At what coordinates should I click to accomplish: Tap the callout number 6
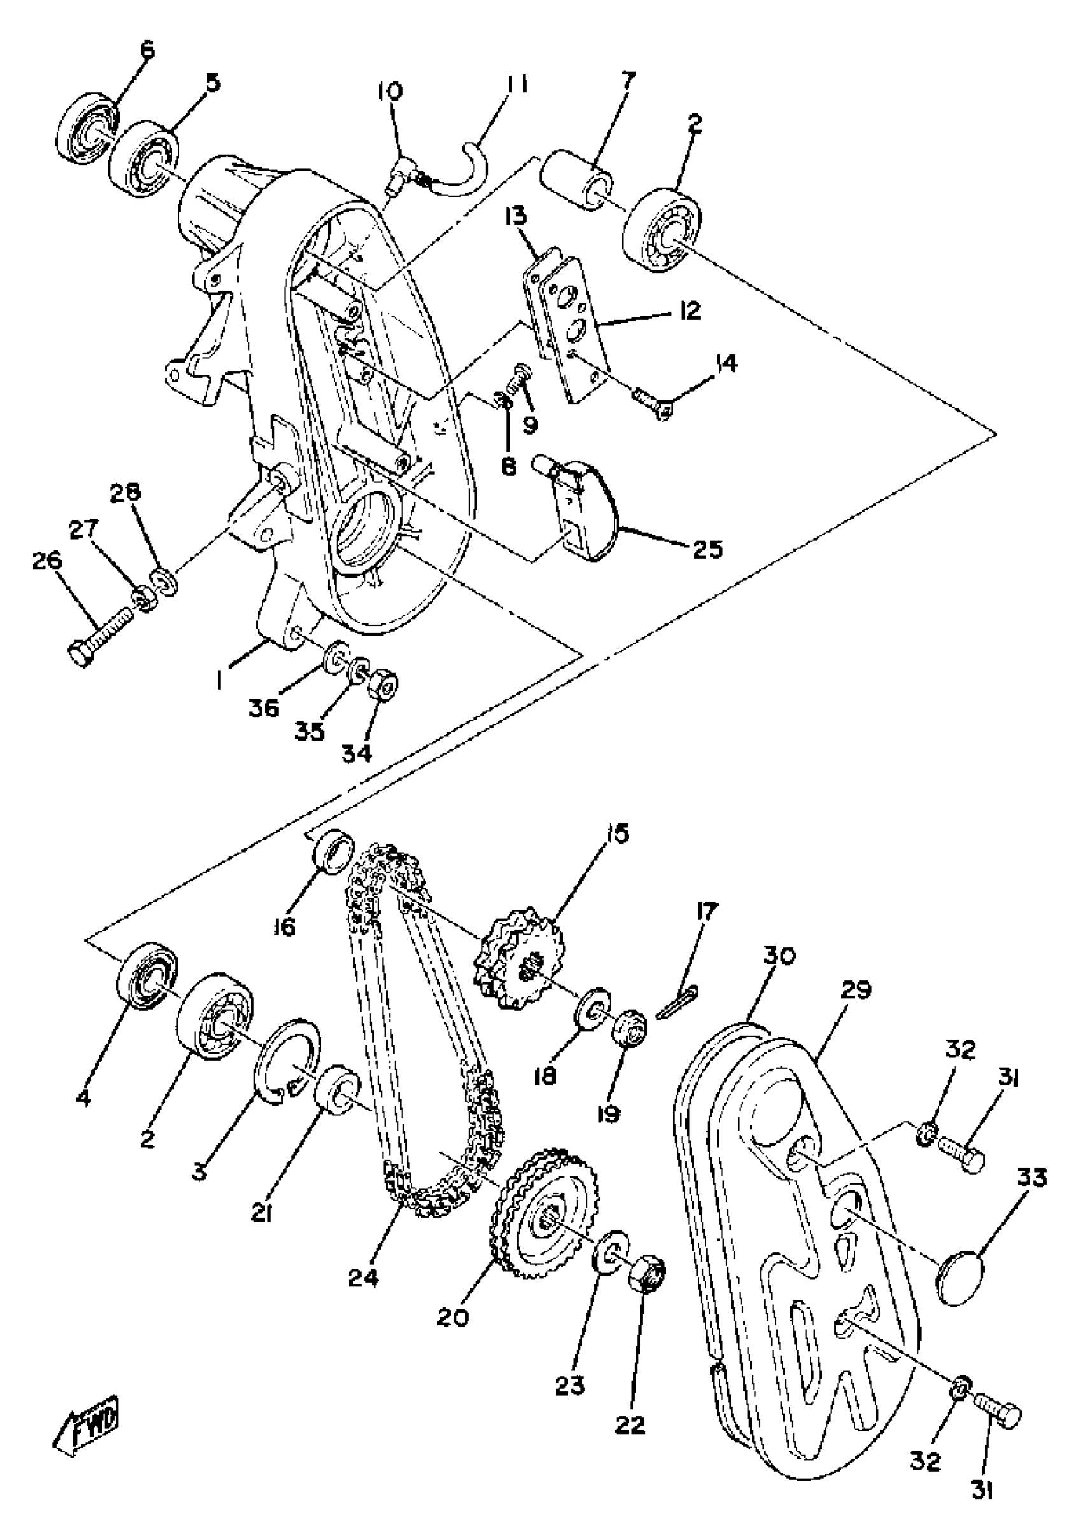pos(147,51)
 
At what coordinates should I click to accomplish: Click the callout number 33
pos(1032,1178)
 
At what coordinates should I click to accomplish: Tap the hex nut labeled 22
pos(646,1269)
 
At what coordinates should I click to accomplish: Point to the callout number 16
pos(286,928)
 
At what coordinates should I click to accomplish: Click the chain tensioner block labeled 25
pos(583,509)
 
